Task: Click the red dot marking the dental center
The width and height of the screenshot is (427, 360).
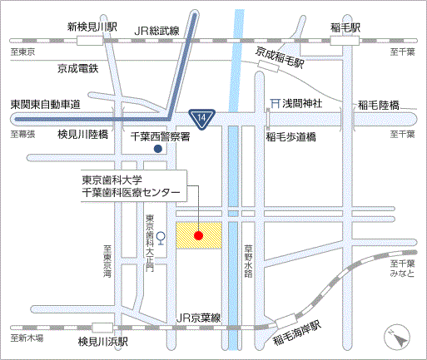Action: pyautogui.click(x=199, y=235)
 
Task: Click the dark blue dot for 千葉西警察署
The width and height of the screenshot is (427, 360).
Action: pyautogui.click(x=157, y=149)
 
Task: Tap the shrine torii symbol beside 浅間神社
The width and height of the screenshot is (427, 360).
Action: pyautogui.click(x=273, y=104)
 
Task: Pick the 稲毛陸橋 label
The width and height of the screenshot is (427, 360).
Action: pyautogui.click(x=378, y=105)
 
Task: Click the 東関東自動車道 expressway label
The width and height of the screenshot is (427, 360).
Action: pyautogui.click(x=45, y=105)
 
